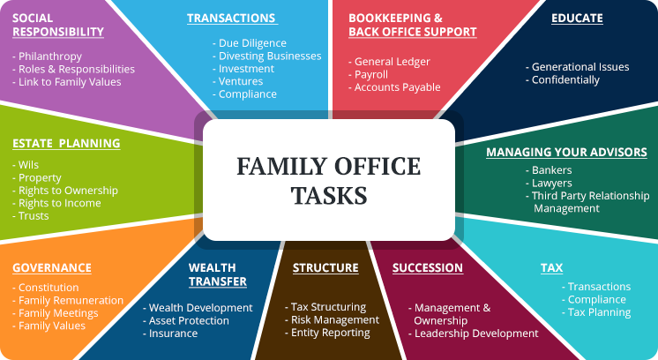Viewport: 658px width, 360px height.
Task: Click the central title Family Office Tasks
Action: point(328,180)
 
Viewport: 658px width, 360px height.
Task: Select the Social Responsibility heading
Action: point(58,25)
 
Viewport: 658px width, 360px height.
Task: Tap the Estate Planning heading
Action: point(66,143)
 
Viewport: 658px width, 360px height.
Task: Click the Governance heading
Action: point(52,267)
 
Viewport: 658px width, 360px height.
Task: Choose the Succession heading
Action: point(428,267)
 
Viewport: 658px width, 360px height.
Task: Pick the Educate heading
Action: point(577,18)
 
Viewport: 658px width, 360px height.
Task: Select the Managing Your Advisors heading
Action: point(566,152)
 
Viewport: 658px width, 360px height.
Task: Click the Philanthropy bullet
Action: point(50,56)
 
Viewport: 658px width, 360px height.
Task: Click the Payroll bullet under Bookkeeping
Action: point(375,75)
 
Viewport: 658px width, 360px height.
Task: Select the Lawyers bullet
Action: point(551,183)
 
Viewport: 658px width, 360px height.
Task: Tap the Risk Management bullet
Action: point(332,319)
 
